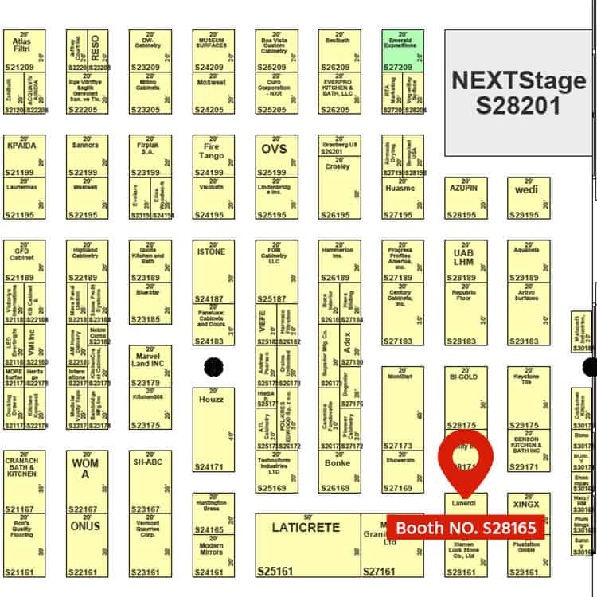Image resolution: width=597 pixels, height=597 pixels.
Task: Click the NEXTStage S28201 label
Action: coord(518,92)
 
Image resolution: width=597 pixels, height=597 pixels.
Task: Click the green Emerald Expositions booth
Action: coord(403,50)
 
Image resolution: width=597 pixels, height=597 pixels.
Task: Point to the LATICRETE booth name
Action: coord(306,527)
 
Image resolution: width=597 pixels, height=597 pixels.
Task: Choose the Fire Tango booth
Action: coord(213,151)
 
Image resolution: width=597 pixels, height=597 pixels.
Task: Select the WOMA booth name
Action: coord(87,468)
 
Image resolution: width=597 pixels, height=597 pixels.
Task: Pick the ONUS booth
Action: coord(86,526)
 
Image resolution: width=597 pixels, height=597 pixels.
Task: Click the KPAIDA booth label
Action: coord(21,147)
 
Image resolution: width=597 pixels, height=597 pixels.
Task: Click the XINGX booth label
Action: coord(527,505)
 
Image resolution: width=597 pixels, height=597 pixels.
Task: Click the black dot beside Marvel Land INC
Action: coord(213,366)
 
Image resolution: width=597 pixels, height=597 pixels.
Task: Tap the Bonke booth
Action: coord(338,463)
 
